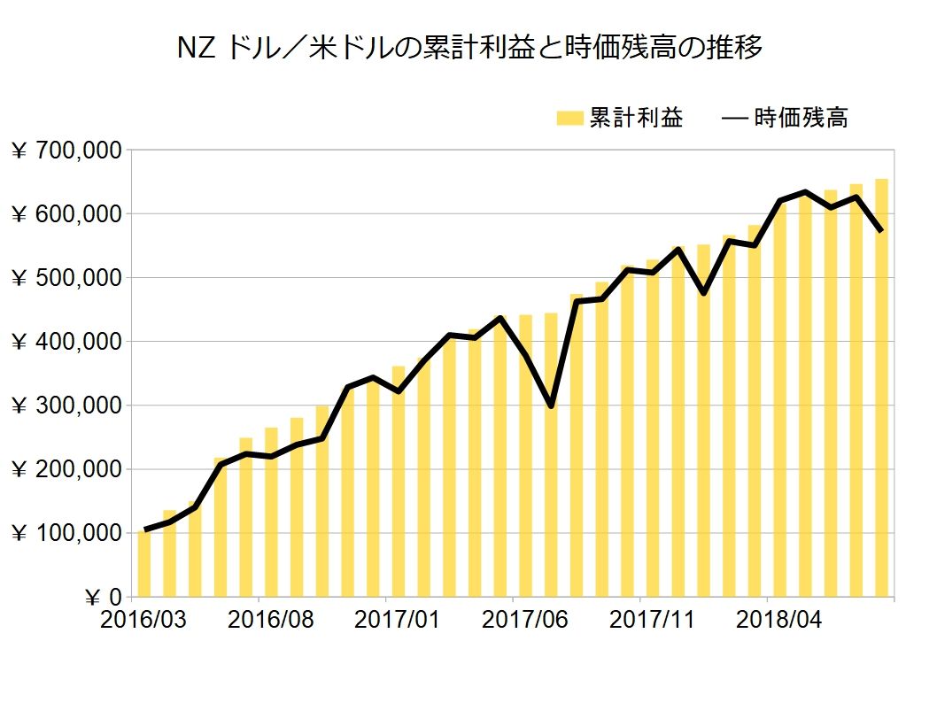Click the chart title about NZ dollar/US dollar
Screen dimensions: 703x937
(468, 48)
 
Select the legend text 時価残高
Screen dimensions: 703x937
(801, 118)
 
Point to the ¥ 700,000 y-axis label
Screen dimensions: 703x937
(66, 151)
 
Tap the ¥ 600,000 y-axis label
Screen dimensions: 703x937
(66, 214)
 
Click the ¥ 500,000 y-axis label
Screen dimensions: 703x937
(66, 278)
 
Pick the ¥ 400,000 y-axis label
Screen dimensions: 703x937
(66, 342)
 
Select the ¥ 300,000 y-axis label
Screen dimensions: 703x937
(66, 406)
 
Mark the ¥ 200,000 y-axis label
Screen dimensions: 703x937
(66, 469)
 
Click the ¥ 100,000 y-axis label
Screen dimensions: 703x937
(66, 533)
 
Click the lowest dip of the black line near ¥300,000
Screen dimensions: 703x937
(551, 406)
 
